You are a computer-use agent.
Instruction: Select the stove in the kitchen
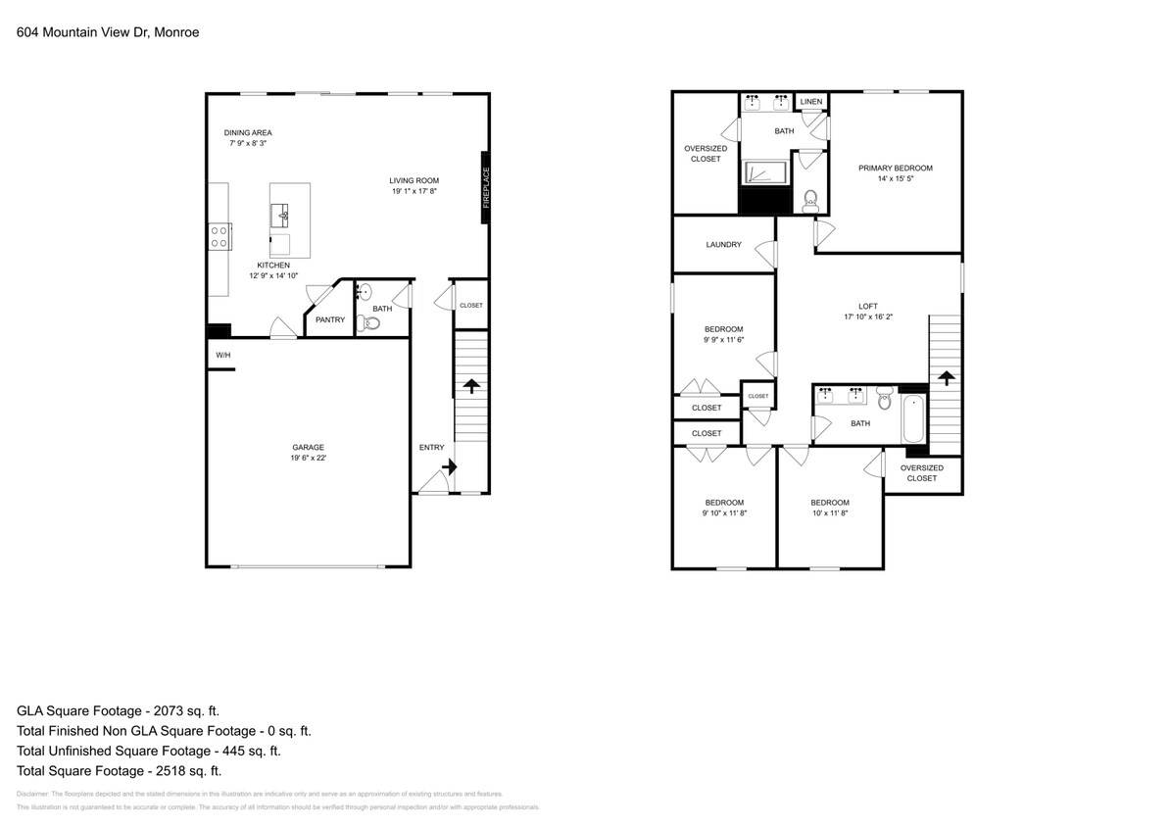[219, 235]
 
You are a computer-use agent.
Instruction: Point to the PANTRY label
[329, 319]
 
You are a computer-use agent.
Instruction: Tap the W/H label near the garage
[222, 355]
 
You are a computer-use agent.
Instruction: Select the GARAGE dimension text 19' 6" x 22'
[307, 458]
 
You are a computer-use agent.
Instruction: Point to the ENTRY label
[431, 448]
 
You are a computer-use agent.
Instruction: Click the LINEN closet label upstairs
[810, 102]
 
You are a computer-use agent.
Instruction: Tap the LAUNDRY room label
[723, 245]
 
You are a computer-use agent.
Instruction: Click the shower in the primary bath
[764, 172]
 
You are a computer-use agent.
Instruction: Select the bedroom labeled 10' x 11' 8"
[829, 509]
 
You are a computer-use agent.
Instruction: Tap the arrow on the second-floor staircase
[947, 378]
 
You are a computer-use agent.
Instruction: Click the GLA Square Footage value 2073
[183, 710]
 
